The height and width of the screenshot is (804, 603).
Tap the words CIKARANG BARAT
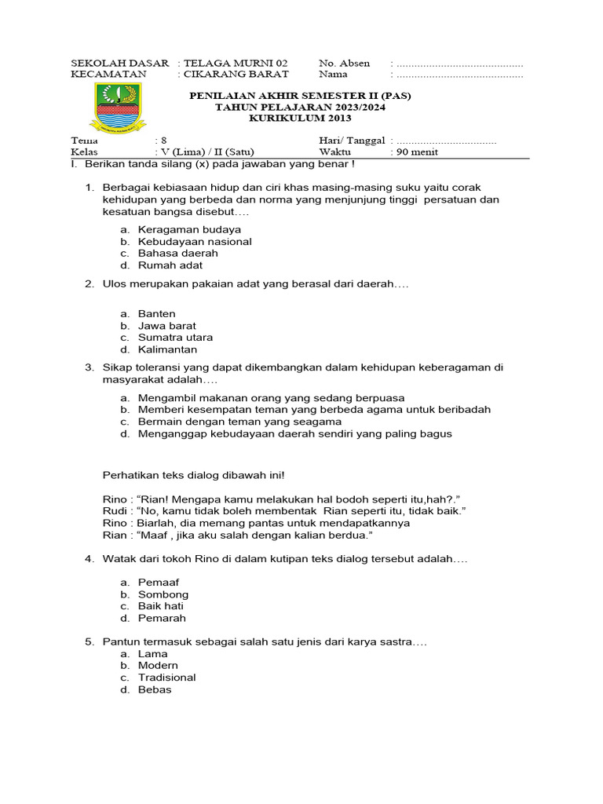[x=236, y=75]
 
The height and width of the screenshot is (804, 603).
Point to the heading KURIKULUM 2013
[x=301, y=119]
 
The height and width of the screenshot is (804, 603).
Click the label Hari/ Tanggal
[x=352, y=141]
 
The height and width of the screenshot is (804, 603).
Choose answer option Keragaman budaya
[x=189, y=229]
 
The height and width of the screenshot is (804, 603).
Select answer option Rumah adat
[x=170, y=265]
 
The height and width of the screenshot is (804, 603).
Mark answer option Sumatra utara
[x=175, y=338]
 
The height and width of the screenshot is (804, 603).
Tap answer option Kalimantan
[x=167, y=349]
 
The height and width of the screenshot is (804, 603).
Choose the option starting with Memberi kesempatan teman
[x=314, y=410]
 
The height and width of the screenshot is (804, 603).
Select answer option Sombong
[x=163, y=594]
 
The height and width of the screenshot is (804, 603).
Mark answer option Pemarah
[x=162, y=618]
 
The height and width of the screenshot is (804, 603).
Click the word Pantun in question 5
[x=119, y=641]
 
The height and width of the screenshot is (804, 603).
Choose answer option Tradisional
[x=167, y=678]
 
